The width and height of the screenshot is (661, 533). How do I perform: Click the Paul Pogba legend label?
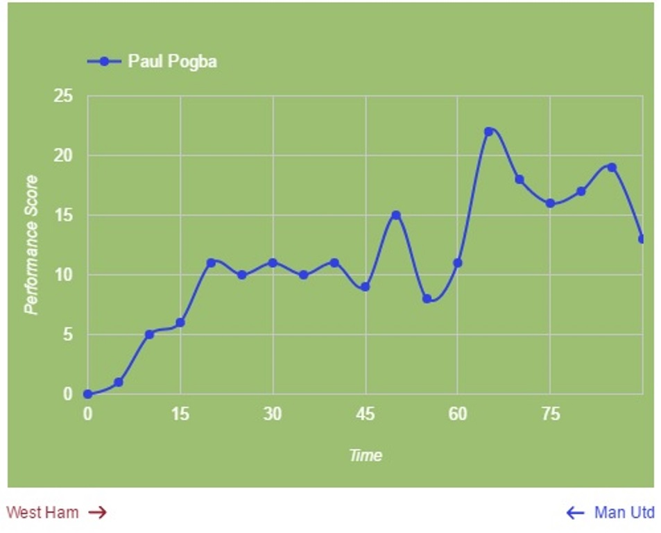coord(172,61)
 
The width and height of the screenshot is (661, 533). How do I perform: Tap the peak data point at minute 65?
coord(488,131)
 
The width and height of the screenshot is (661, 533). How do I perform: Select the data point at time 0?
coord(87,394)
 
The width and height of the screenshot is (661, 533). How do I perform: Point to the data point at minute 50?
coord(396,215)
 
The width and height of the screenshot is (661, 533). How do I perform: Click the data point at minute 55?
coord(427,299)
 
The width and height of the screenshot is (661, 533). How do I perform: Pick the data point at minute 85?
coord(612,167)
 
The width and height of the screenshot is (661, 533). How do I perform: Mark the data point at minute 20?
coord(211,263)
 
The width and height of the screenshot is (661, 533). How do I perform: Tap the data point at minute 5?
coord(119,382)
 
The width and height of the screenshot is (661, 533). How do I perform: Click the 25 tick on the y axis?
coord(63,96)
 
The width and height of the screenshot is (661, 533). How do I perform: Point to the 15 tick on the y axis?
coord(63,215)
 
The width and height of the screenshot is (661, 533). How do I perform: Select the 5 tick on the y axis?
coord(67,335)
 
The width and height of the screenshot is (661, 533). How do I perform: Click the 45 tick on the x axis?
coord(366,415)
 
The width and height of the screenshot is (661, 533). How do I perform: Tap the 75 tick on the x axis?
coord(550,415)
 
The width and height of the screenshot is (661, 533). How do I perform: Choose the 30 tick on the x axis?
coord(273,415)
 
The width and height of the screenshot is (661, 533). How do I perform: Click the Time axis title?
coord(366,455)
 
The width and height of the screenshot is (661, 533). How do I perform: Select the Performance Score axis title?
coord(31,244)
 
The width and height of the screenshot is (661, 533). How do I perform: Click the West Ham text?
coord(42,513)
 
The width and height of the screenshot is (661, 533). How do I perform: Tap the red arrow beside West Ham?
coord(98,513)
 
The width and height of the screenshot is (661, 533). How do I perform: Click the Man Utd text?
coord(624,513)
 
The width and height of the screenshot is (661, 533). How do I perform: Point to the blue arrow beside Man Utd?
coord(575,513)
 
